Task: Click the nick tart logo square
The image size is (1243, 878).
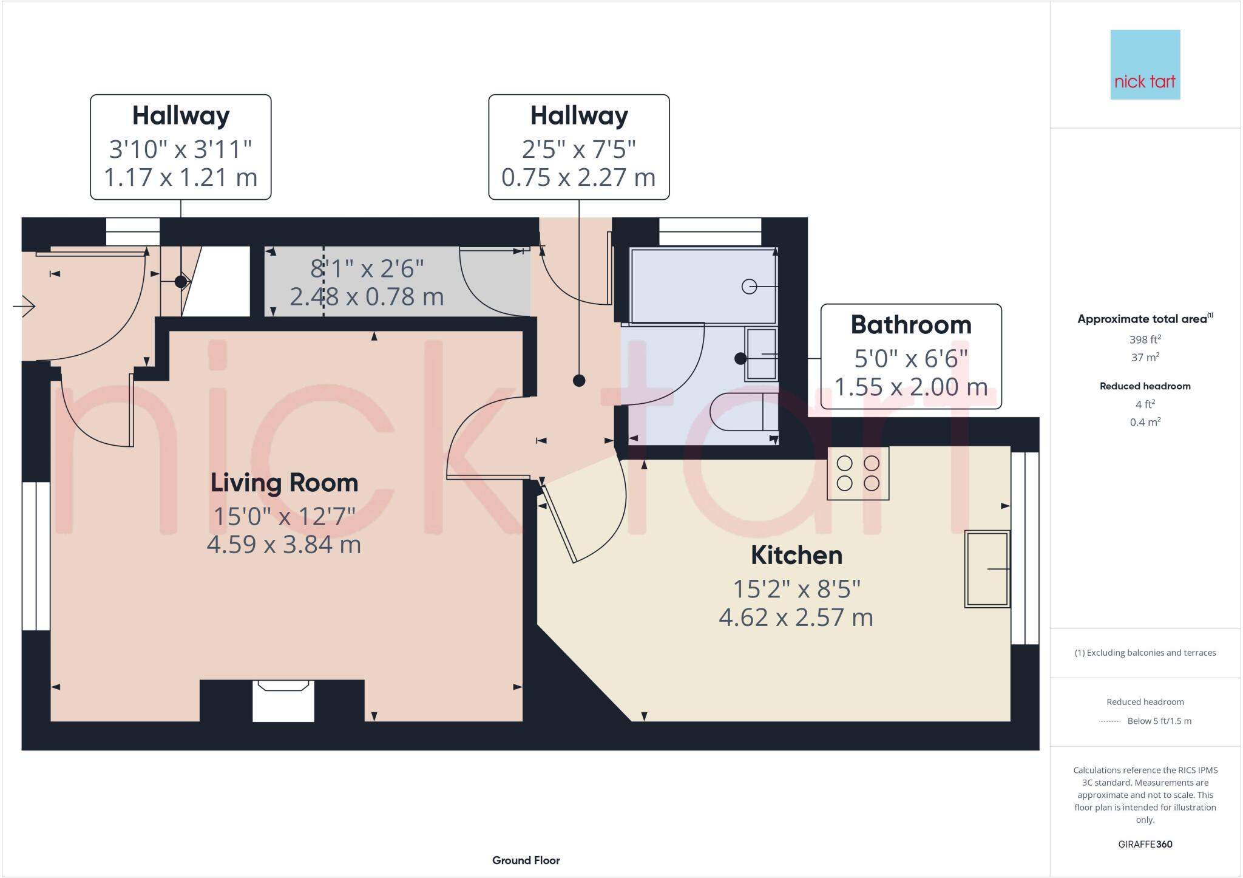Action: coord(1145,64)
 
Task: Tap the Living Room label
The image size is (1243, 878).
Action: coord(284,483)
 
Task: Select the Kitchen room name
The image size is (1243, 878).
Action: coord(796,556)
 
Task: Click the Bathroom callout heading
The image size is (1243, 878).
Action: coord(910,325)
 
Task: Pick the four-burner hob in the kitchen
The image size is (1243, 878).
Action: coord(858,473)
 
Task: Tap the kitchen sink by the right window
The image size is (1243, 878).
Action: coord(987,569)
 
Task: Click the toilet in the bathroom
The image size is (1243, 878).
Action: coord(743,412)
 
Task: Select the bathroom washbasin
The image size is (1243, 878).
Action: coord(761,354)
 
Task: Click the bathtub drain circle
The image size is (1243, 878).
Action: coord(749,286)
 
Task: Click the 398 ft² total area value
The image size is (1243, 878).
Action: coord(1145,339)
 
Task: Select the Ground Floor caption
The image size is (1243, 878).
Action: coord(526,860)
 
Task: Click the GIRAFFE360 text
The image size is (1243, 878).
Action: coord(1145,844)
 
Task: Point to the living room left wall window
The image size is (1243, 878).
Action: coord(36,556)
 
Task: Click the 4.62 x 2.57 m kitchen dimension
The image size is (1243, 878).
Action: coord(796,618)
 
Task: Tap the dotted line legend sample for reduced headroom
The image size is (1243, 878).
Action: coord(1109,721)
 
